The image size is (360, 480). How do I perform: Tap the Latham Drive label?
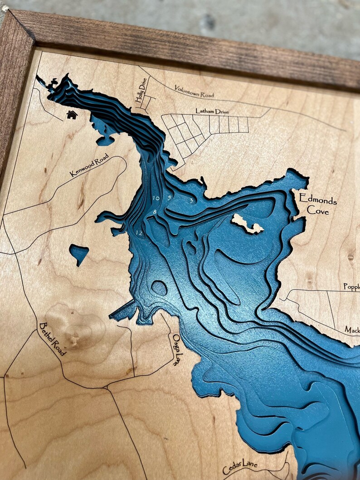click(x=212, y=111)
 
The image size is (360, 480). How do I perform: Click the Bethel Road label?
click(x=53, y=339)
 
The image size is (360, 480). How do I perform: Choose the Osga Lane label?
click(x=177, y=349)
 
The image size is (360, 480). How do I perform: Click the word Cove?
click(x=318, y=211)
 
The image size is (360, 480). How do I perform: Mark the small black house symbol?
click(x=72, y=115)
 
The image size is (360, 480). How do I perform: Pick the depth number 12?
click(x=139, y=233)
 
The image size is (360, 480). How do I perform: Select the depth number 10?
click(x=156, y=198)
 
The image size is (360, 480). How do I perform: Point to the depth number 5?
click(x=169, y=198)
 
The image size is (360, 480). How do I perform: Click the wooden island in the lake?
click(x=247, y=224)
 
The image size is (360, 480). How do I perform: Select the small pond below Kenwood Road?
click(x=79, y=253)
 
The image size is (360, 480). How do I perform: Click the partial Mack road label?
click(x=352, y=329)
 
